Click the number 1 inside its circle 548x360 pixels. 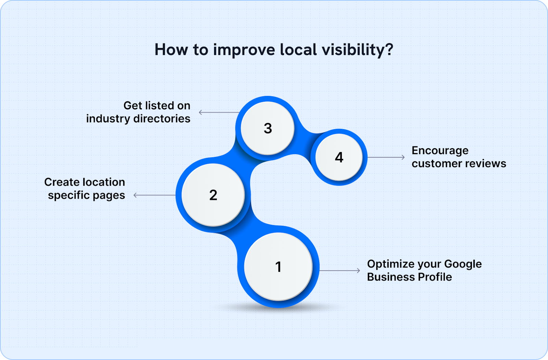278,267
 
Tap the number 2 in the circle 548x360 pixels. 213,195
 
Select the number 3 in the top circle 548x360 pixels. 268,128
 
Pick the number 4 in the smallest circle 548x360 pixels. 339,157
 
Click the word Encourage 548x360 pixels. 440,151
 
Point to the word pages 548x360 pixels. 109,196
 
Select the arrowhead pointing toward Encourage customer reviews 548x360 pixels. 403,157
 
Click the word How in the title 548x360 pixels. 171,50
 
